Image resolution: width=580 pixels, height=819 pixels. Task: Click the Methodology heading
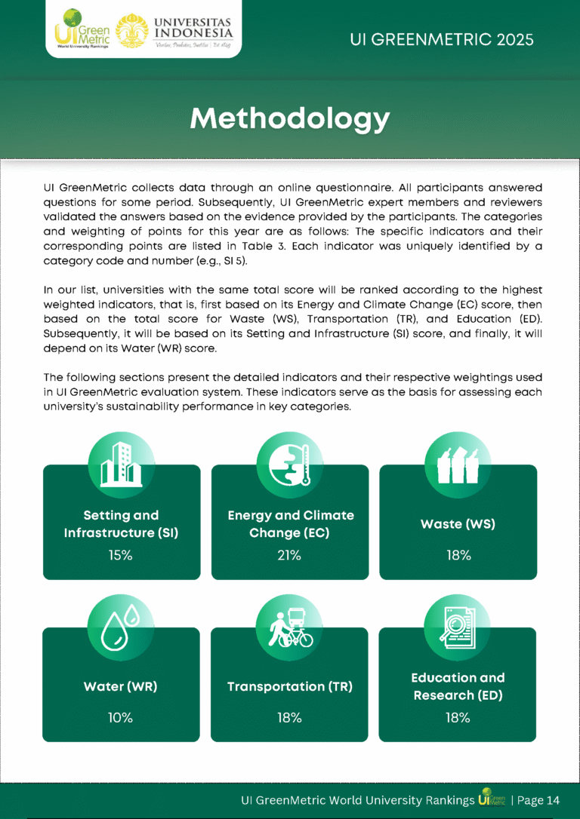[x=290, y=118]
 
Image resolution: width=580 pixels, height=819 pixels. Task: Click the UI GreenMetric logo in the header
[x=82, y=29]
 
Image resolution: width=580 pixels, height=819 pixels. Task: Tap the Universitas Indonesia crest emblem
[x=131, y=29]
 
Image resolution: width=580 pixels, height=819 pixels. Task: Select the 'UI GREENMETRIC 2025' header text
[x=442, y=39]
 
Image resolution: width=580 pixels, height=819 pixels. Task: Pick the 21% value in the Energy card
[x=290, y=556]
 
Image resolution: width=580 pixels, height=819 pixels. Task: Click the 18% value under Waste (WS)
[x=458, y=556]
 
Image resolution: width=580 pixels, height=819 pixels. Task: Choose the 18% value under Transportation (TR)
[x=289, y=718]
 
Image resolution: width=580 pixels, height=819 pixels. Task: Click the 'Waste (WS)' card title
[x=458, y=524]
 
